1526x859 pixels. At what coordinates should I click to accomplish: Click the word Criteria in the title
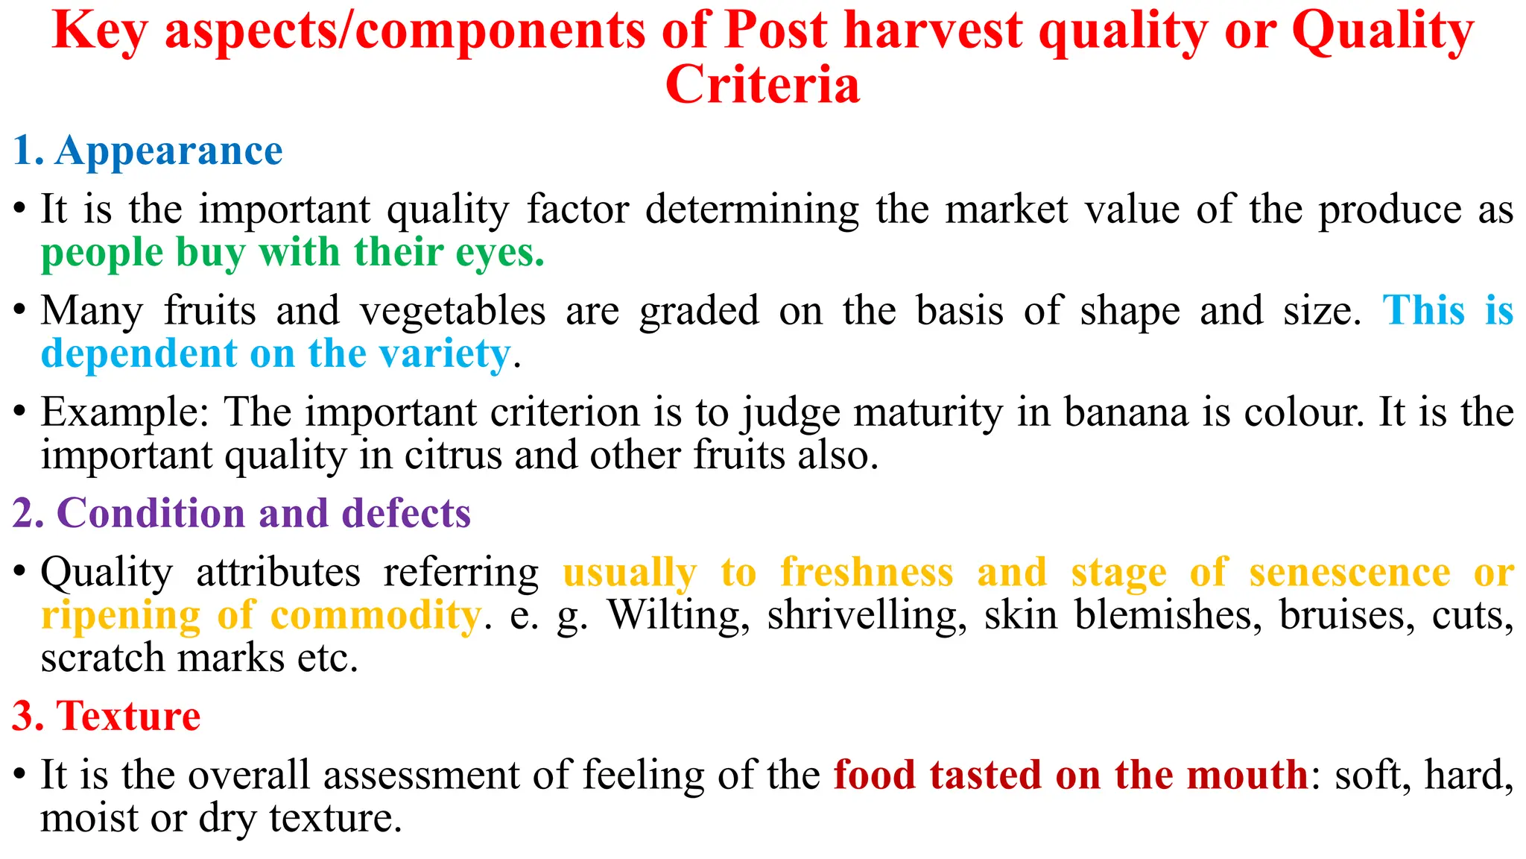point(762,84)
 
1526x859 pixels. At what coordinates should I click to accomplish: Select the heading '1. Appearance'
point(148,151)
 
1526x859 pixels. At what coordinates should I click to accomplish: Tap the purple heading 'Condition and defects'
point(263,513)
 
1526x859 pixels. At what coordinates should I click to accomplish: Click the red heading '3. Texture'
point(107,716)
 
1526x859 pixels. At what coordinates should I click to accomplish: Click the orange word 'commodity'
point(376,616)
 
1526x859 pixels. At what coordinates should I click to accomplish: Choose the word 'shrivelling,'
point(867,616)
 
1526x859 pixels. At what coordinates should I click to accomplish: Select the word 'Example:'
point(125,412)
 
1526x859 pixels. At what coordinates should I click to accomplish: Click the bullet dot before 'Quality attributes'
point(20,572)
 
